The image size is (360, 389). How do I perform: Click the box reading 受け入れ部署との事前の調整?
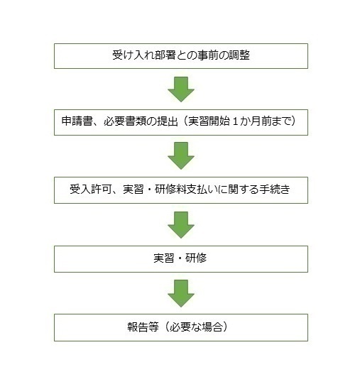[181, 56]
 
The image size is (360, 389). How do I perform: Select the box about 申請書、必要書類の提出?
[181, 122]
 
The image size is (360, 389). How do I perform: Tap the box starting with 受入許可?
[181, 190]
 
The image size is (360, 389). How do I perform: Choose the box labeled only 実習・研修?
[181, 259]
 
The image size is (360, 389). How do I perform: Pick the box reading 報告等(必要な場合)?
[181, 327]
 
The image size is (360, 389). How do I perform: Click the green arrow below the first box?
[181, 89]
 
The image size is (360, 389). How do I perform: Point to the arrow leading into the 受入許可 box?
[181, 155]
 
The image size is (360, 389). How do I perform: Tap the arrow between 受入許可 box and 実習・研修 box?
[181, 225]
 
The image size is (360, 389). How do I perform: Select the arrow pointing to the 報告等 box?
[181, 293]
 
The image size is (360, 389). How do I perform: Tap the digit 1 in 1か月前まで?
[235, 121]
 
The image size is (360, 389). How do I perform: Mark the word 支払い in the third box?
[202, 190]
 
